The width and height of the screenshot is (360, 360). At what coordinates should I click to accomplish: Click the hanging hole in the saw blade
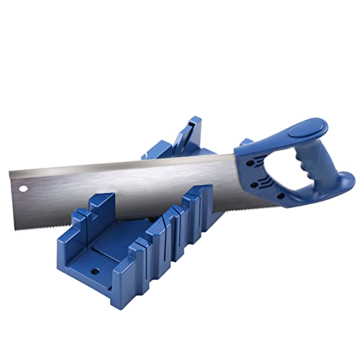[x=23, y=189]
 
